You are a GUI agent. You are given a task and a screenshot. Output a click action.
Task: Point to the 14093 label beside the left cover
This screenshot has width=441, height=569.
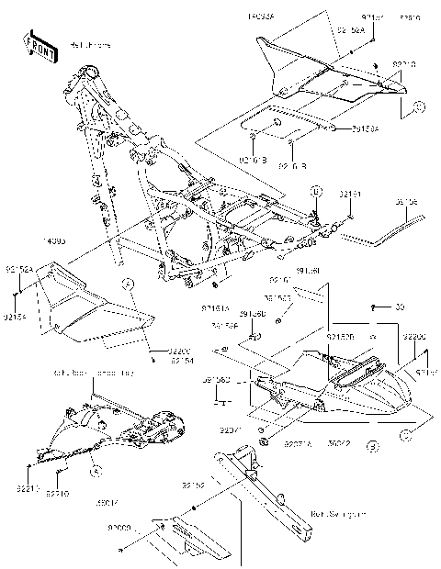tap(29, 241)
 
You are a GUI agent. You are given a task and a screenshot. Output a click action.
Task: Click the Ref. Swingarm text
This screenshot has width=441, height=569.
tap(332, 514)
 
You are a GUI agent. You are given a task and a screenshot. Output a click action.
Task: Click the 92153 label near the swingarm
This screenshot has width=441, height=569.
tap(193, 485)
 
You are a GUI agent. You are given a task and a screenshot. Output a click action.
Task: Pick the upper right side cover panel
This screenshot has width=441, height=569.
tap(322, 73)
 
